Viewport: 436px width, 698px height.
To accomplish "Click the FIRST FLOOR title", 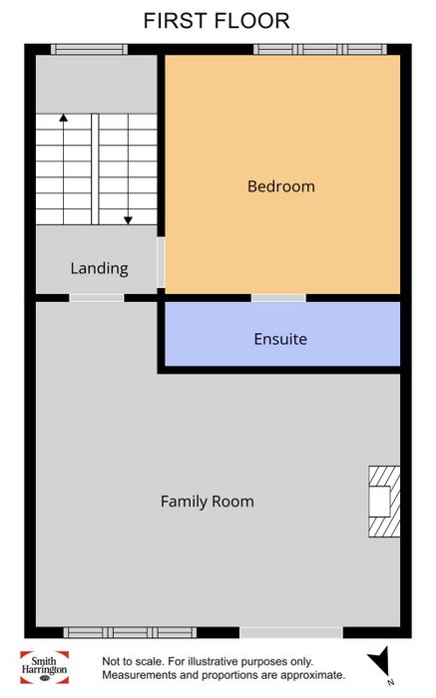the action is [217, 21].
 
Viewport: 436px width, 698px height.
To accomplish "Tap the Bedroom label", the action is [281, 186].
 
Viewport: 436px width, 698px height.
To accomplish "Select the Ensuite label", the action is [280, 339].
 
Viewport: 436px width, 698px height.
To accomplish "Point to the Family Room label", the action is [208, 502].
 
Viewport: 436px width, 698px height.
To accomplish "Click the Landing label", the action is [100, 268].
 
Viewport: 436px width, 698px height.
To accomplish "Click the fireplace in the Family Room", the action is [384, 502].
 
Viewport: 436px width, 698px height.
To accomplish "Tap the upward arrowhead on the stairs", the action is [64, 118].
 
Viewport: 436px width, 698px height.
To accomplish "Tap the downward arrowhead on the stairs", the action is [129, 220].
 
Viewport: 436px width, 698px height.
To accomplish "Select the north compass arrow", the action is [379, 661].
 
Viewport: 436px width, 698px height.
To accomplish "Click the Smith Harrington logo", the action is [44, 667].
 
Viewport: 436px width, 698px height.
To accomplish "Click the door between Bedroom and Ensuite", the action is [278, 298].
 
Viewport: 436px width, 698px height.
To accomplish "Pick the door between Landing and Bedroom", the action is [162, 262].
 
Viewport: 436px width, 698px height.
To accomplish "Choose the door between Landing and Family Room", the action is [97, 298].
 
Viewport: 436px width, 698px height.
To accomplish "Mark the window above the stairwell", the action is [89, 49].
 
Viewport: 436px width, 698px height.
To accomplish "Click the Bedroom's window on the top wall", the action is [320, 49].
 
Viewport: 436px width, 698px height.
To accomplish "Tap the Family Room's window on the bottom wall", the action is [130, 632].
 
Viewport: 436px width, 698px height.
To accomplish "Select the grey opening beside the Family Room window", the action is [291, 632].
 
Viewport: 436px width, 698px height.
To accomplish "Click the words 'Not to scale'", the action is [132, 661].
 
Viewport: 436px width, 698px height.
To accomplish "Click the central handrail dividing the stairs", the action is [95, 170].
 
